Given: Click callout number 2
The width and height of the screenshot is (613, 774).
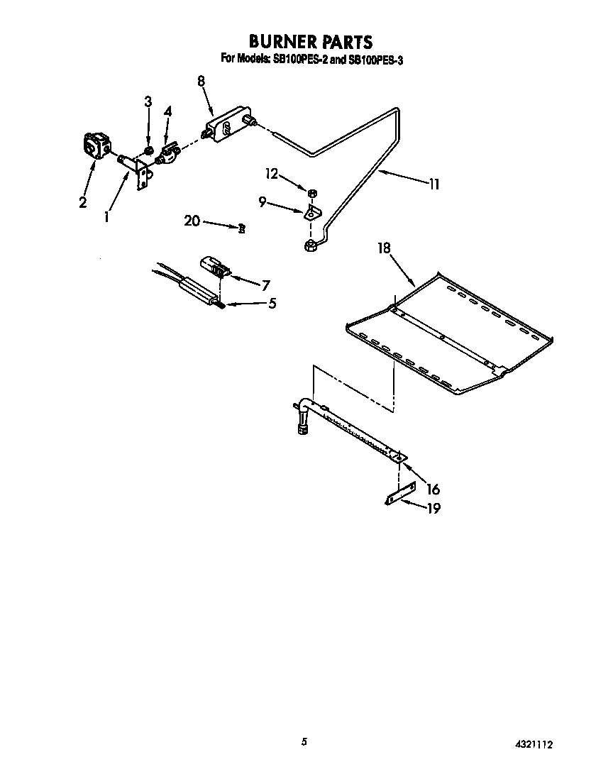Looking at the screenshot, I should pyautogui.click(x=83, y=202).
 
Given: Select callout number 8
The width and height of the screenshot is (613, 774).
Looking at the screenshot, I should pyautogui.click(x=201, y=81).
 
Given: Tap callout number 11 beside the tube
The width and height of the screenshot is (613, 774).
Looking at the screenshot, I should pyautogui.click(x=433, y=184).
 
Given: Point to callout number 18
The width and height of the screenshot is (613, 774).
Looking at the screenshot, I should pyautogui.click(x=384, y=248).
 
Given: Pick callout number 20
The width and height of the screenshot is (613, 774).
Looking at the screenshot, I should pyautogui.click(x=192, y=221).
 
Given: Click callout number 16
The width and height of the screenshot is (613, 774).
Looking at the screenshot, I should pyautogui.click(x=433, y=489).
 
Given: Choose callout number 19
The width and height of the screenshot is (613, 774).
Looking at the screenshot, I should pyautogui.click(x=432, y=508).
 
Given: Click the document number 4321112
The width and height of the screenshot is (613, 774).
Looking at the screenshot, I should pyautogui.click(x=533, y=745).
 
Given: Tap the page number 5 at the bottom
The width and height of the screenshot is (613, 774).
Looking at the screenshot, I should pyautogui.click(x=304, y=742).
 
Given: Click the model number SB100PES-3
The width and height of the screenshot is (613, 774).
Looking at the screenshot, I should pyautogui.click(x=375, y=60).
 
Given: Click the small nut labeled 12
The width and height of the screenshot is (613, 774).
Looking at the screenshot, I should pyautogui.click(x=312, y=192).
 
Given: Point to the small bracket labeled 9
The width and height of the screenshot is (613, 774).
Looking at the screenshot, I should pyautogui.click(x=313, y=211).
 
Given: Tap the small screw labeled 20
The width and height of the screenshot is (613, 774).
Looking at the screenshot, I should pyautogui.click(x=242, y=228).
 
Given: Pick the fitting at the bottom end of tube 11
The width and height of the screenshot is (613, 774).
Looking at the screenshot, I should pyautogui.click(x=310, y=245).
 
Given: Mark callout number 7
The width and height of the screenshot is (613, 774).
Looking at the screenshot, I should pyautogui.click(x=265, y=286).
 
